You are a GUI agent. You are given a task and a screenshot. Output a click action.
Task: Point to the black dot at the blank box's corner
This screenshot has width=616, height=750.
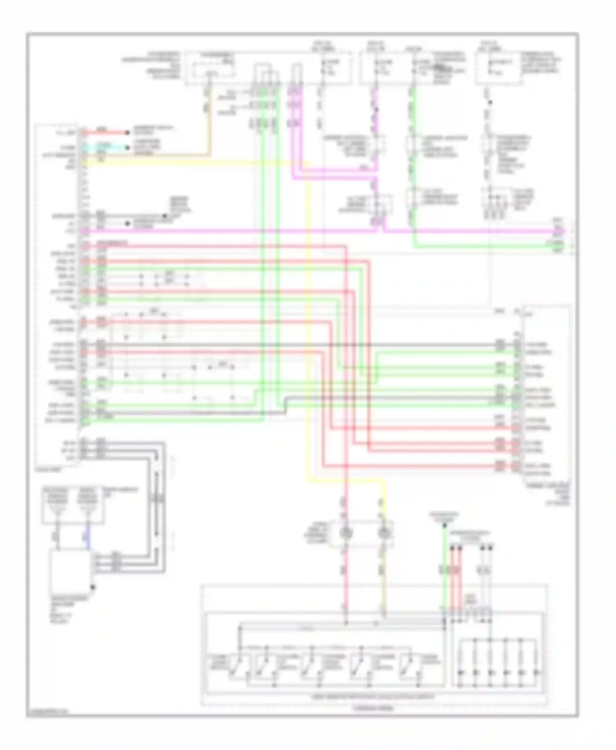(93, 588)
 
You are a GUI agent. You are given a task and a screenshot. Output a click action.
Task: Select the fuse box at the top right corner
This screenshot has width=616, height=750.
(499, 68)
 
